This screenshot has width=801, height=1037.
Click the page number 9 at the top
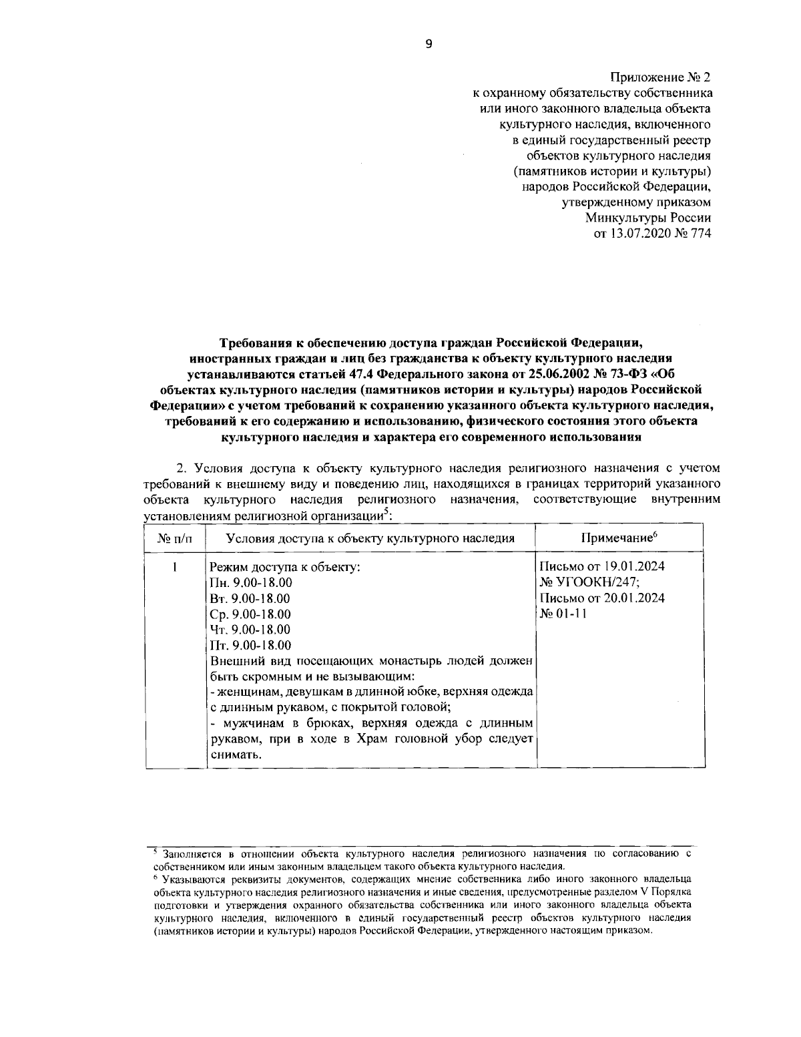[x=429, y=43]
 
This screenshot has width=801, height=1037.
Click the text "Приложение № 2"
[x=661, y=78]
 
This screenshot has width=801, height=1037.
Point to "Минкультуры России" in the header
[x=648, y=218]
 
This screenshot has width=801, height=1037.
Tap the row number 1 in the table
[x=174, y=567]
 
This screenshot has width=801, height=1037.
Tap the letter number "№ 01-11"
[x=562, y=614]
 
